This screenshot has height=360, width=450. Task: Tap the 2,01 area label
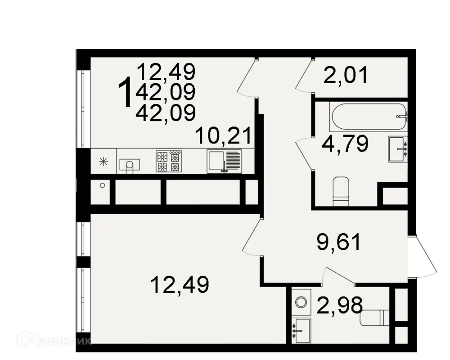(346, 76)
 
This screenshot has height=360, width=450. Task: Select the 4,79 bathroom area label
(346, 144)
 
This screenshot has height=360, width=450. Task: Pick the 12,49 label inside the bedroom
(180, 285)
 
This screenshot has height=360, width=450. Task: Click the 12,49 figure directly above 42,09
(166, 72)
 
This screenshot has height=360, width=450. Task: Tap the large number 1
(125, 92)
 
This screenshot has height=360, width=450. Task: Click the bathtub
(367, 116)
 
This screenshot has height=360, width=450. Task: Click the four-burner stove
(168, 161)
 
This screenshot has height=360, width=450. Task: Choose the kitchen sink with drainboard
(224, 161)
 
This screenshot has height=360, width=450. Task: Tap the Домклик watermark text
(54, 341)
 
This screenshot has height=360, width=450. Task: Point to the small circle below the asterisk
(103, 185)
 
